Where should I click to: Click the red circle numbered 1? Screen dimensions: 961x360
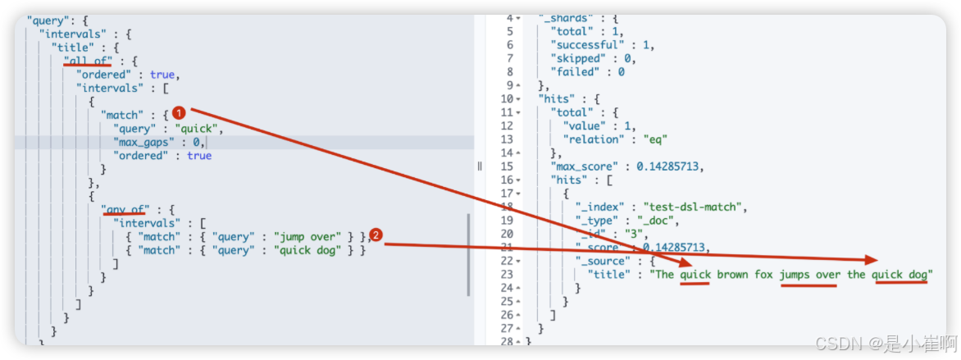[x=178, y=114]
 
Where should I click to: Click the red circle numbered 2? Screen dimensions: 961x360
[x=376, y=235]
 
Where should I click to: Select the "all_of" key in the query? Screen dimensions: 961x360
[x=88, y=61]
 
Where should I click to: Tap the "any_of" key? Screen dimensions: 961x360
[x=125, y=209]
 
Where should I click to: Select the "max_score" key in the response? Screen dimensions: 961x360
[x=585, y=166]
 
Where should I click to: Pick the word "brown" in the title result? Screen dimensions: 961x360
[x=732, y=274]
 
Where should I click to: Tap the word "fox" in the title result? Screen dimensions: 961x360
[x=764, y=274]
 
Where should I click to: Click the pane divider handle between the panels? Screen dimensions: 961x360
[x=480, y=166]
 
